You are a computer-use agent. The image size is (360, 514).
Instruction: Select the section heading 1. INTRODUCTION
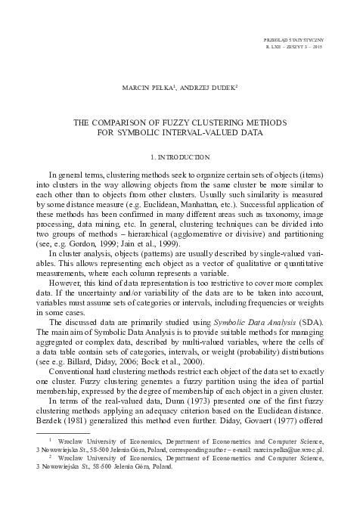pos(180,156)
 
